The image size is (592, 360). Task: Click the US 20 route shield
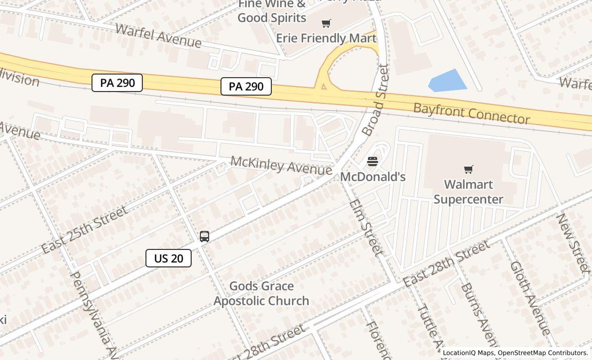[x=169, y=258]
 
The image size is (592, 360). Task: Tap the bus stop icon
[x=205, y=237]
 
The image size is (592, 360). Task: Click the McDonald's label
[x=373, y=177]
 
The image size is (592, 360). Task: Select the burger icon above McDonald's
[x=373, y=162]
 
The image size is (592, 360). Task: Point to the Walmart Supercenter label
[x=468, y=192]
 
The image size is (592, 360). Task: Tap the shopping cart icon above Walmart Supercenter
[x=468, y=169]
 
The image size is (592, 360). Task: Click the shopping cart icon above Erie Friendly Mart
[x=326, y=23]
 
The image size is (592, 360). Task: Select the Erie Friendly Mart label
[x=326, y=38]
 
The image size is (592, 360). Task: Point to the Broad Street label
[x=376, y=100]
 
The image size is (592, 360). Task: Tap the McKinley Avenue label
[x=281, y=165]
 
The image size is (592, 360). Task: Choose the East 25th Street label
[x=85, y=230]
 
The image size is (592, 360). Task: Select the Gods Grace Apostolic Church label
[x=262, y=294]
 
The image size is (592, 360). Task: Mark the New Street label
[x=572, y=243]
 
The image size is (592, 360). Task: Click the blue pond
[x=447, y=81]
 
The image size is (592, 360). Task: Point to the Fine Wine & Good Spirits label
[x=272, y=11]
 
